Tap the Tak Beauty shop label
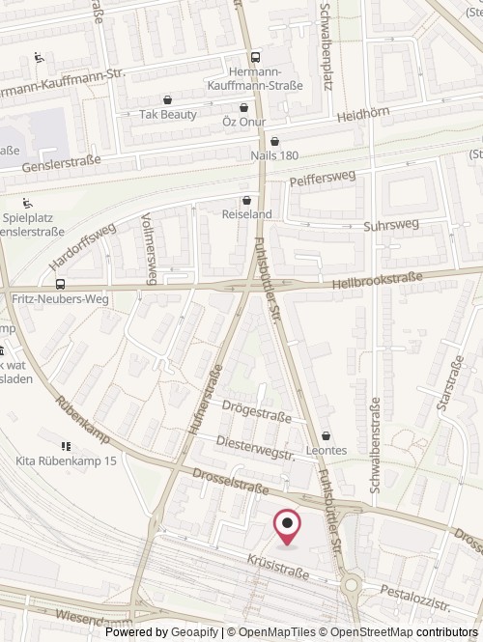point(167,114)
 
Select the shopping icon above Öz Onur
point(243,107)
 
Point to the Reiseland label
point(247,213)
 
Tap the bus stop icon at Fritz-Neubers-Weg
point(61,285)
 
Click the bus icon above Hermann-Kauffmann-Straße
point(255,58)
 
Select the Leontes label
point(327,450)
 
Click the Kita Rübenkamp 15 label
point(67,461)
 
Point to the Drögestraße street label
point(256,413)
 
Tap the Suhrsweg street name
point(390,225)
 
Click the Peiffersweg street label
point(322,180)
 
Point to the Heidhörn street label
point(363,114)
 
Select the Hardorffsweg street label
point(83,246)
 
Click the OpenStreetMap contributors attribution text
point(397,632)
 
